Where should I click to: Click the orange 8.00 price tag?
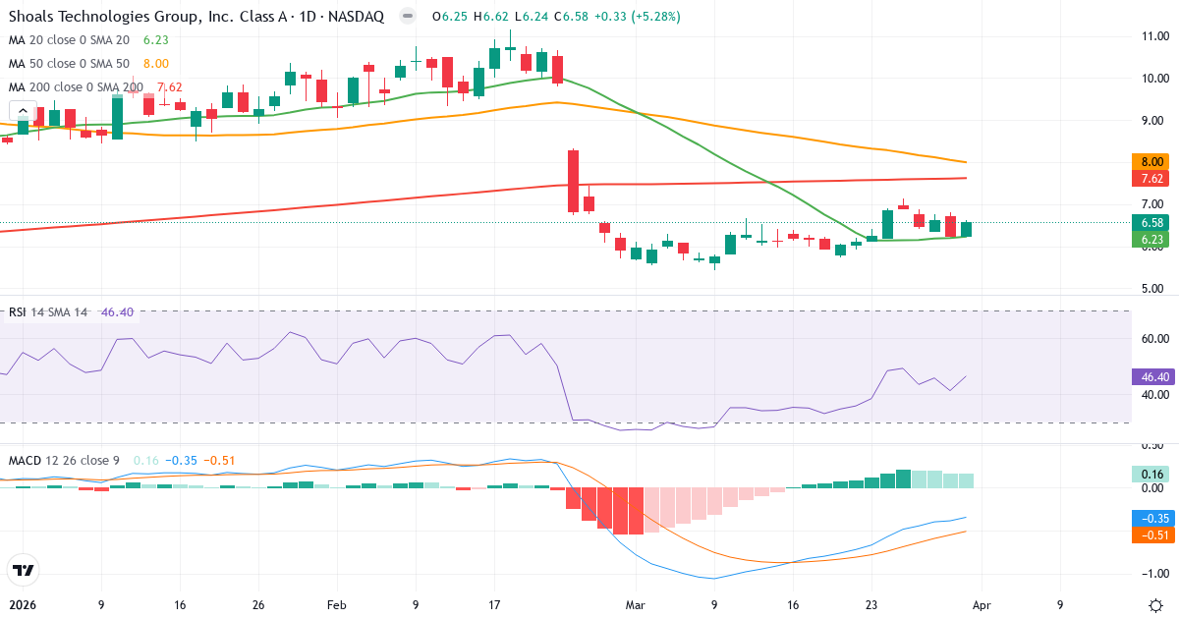pyautogui.click(x=1151, y=161)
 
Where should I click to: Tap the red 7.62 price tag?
pyautogui.click(x=1151, y=179)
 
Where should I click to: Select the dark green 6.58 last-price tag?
pyautogui.click(x=1151, y=222)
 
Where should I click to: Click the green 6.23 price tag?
pyautogui.click(x=1151, y=239)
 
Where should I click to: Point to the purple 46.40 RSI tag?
pyautogui.click(x=1151, y=376)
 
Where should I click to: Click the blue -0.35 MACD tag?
pyautogui.click(x=1151, y=518)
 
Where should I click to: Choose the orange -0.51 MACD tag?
pyautogui.click(x=1151, y=535)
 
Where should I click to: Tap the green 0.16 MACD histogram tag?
pyautogui.click(x=1151, y=474)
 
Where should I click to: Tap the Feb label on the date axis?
pyautogui.click(x=337, y=605)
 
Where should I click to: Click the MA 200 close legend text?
pyautogui.click(x=75, y=86)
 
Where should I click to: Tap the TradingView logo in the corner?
pyautogui.click(x=24, y=570)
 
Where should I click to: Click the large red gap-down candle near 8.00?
pyautogui.click(x=573, y=181)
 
